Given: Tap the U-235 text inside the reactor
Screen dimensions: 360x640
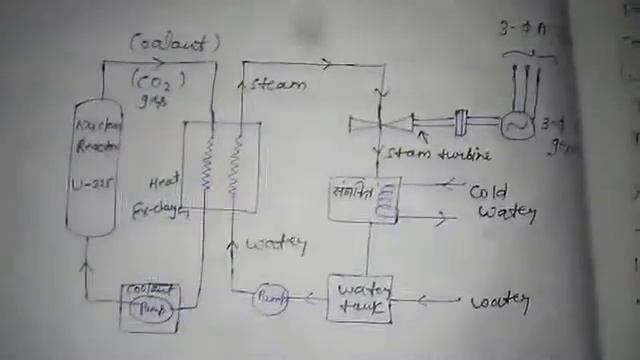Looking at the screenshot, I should [95, 183].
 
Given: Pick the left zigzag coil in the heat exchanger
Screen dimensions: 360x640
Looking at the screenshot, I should [209, 165].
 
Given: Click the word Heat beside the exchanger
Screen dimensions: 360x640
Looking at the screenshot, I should [164, 181].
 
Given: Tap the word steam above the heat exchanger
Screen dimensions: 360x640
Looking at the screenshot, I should [277, 84].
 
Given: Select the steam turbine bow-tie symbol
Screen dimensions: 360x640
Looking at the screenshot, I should [381, 124].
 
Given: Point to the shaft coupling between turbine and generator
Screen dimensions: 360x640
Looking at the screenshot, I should [461, 123].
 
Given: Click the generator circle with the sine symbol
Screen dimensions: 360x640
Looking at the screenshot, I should [517, 125].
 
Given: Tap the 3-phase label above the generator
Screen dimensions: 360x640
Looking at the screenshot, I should [522, 30].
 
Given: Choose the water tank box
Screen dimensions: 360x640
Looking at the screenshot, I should [359, 298].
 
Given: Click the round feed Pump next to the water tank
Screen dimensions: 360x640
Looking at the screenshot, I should [269, 298].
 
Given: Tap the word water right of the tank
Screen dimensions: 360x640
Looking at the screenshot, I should [499, 300].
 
